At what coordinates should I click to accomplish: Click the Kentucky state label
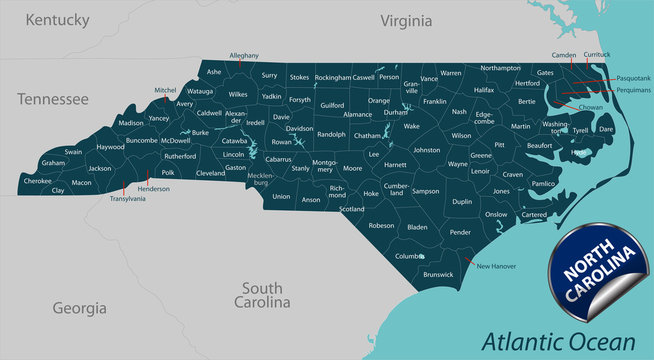click(x=57, y=19)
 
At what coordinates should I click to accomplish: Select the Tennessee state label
click(x=52, y=99)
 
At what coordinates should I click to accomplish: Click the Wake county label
click(x=412, y=127)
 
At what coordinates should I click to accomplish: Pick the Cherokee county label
click(x=37, y=181)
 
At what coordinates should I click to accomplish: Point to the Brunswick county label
click(x=438, y=273)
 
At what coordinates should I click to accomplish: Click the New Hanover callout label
click(x=497, y=266)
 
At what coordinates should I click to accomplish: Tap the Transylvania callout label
click(x=127, y=199)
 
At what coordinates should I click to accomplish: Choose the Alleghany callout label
click(x=244, y=55)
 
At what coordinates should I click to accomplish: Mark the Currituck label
click(x=597, y=54)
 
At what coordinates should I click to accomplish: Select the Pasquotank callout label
click(x=633, y=77)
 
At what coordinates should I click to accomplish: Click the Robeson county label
click(x=382, y=226)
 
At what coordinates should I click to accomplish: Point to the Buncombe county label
click(x=142, y=141)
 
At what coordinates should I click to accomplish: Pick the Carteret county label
click(x=535, y=215)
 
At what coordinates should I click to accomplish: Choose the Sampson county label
click(x=426, y=190)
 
